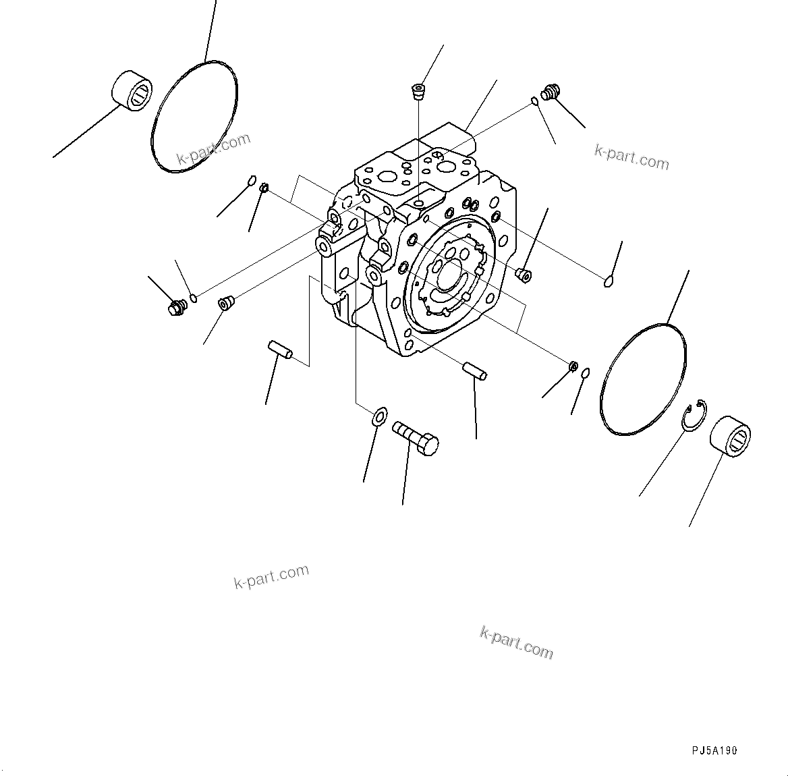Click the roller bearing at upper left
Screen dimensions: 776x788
132,90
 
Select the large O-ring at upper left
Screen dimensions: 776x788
193,116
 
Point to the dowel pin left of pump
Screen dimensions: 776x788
279,350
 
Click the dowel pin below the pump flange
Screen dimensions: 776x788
475,371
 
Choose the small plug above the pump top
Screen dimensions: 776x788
419,91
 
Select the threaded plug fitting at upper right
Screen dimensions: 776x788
551,92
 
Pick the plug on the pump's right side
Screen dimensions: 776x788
524,273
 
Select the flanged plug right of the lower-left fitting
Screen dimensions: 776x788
225,302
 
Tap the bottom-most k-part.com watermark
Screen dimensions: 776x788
516,642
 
